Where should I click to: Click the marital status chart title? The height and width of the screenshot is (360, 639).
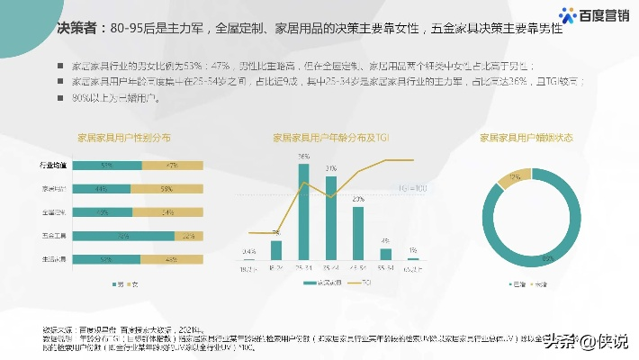(526, 139)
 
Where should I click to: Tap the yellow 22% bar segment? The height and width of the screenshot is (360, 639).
(187, 236)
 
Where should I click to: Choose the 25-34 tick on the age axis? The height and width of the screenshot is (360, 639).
(304, 268)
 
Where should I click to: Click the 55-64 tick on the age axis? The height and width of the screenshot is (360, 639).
(385, 268)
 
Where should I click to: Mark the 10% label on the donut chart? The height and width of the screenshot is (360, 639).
(515, 177)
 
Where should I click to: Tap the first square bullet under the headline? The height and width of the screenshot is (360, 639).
(59, 67)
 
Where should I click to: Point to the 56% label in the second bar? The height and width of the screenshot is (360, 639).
(166, 189)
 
